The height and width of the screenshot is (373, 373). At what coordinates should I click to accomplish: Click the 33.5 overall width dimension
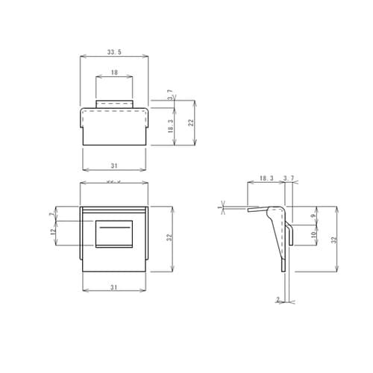point(114,52)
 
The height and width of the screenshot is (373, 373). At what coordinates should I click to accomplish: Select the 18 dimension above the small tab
point(114,73)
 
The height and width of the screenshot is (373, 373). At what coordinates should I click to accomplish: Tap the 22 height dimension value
point(191,122)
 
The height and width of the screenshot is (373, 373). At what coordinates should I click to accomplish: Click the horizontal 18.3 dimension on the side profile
point(266,179)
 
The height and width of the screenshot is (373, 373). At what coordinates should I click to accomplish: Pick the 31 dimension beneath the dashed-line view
point(114,165)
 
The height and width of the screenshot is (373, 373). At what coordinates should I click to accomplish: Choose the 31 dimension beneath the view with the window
point(114,287)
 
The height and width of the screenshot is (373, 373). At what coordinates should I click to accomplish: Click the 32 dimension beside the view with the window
point(171,237)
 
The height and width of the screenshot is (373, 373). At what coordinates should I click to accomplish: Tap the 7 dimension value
point(51,214)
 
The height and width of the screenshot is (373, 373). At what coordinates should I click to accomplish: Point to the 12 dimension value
point(51,233)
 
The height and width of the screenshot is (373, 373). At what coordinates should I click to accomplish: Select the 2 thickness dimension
point(278,299)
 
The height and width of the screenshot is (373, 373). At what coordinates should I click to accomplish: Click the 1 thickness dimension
point(220,207)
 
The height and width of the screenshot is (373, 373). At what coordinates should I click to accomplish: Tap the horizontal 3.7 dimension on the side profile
point(289,179)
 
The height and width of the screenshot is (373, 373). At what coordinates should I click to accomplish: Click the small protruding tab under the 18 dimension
point(114,103)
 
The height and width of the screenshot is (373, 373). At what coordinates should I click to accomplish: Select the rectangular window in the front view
point(114,233)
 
